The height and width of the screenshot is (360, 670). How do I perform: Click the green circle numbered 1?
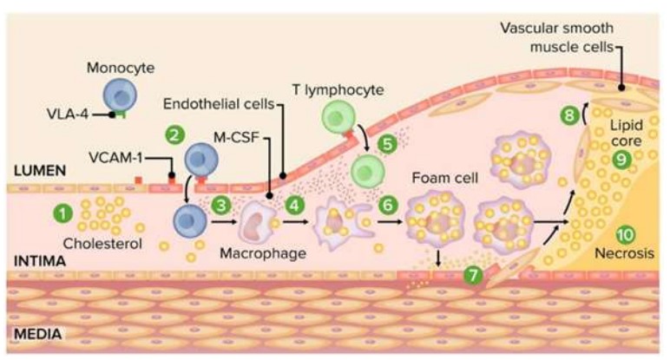[x=63, y=213]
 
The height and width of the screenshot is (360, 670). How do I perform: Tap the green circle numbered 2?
[x=174, y=136]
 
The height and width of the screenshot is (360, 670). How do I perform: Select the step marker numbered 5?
[x=388, y=144]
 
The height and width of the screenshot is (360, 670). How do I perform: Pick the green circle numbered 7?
[x=473, y=276]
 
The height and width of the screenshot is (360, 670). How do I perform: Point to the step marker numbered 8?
[x=569, y=115]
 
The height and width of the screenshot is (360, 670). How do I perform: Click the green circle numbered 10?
[x=625, y=234]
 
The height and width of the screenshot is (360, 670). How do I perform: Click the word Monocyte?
[x=121, y=68]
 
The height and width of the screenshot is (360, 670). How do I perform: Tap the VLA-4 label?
[x=67, y=114]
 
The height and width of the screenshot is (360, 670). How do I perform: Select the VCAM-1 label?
[x=115, y=158]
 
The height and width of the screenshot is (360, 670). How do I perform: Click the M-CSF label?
[x=236, y=138]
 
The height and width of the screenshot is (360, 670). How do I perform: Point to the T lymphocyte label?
[x=338, y=89]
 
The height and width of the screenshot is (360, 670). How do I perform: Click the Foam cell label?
[x=445, y=178]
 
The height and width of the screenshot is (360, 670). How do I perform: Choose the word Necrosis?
[x=624, y=253]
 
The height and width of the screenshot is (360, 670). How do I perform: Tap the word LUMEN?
[x=40, y=171]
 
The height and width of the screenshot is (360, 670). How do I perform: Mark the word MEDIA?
[x=37, y=334]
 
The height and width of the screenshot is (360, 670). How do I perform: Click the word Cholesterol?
[x=102, y=244]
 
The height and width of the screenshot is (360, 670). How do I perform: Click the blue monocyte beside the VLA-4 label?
[x=120, y=95]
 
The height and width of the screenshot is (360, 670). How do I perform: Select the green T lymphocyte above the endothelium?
[x=338, y=115]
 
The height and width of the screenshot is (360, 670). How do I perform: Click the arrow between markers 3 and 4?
[x=223, y=222]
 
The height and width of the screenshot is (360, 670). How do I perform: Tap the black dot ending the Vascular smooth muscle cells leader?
[x=621, y=88]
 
